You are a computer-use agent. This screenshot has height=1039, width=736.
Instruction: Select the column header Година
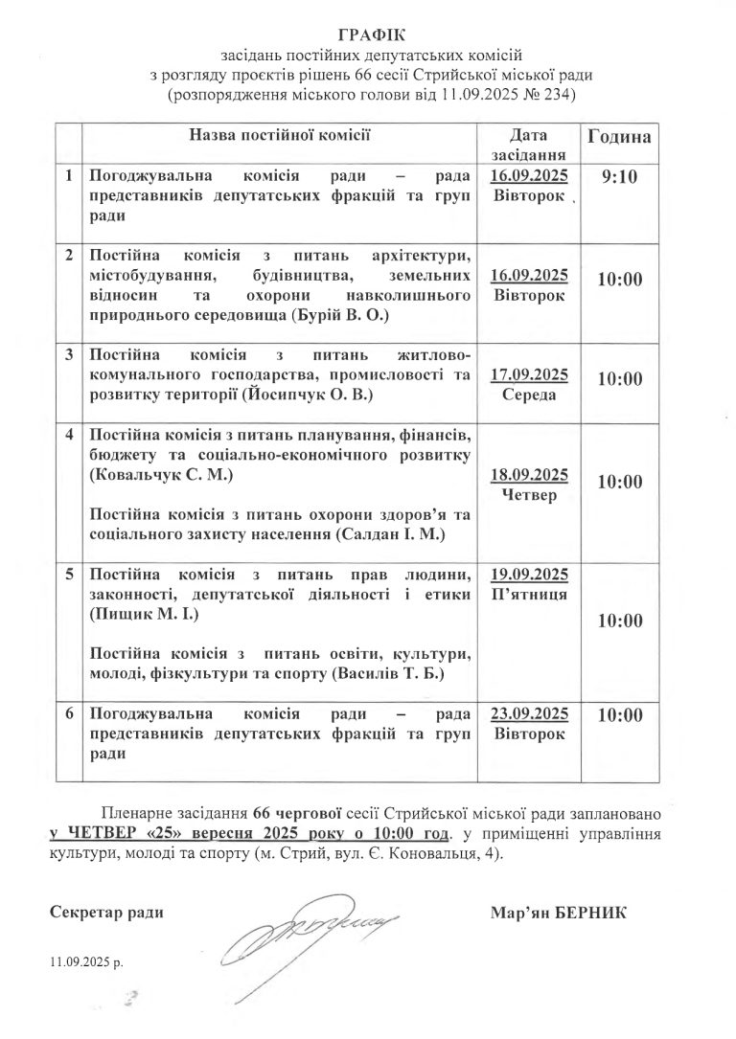coord(618,137)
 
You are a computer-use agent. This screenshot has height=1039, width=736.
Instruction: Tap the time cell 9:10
coord(618,178)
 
